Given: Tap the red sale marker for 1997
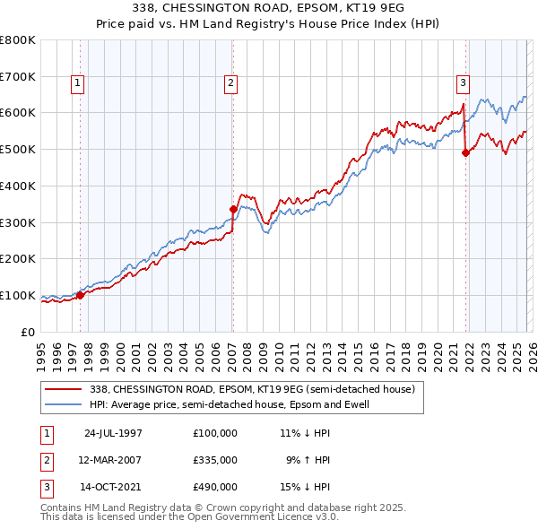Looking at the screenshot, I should point(80,294).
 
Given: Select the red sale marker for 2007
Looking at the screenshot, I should point(232,209).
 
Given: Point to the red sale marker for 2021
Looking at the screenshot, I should point(465,152).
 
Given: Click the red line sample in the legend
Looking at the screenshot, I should point(65,390).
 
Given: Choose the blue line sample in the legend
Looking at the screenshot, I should point(65,404).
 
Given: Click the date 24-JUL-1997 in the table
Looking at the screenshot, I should point(113,433).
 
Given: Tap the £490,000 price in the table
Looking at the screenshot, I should point(215,487).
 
